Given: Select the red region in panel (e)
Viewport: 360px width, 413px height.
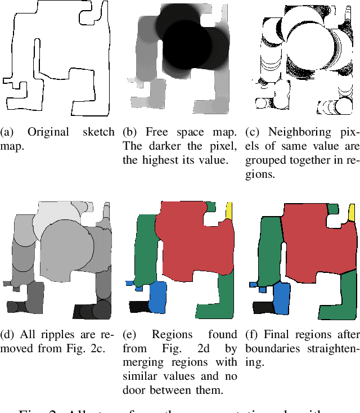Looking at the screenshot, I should (x=191, y=236).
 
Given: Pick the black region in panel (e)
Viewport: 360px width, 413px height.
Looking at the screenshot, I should (x=138, y=306).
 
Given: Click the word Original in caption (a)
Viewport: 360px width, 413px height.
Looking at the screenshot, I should (x=48, y=132).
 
